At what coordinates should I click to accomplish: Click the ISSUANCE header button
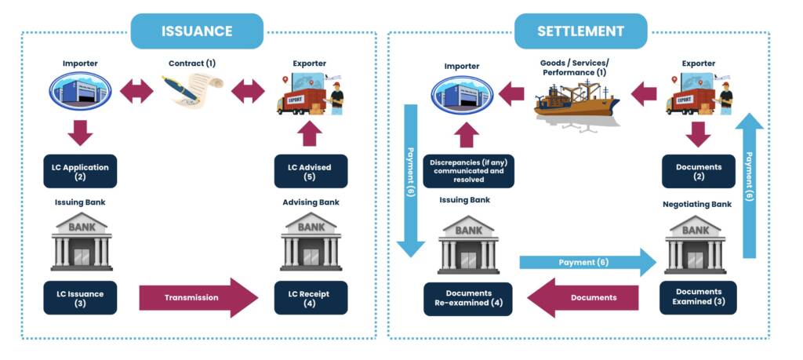[197, 31]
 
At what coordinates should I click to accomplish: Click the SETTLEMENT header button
[580, 31]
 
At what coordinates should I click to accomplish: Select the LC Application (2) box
[80, 171]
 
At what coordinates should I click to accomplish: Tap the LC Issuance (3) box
[80, 298]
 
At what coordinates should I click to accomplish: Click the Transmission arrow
[198, 298]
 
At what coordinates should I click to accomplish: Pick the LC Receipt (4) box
[311, 298]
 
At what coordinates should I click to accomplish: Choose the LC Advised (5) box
[311, 171]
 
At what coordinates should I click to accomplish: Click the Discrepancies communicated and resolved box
[468, 171]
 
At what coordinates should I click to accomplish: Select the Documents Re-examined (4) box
[468, 299]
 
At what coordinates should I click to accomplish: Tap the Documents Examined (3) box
[698, 299]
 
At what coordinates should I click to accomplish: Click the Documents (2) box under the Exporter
[698, 171]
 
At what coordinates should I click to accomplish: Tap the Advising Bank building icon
[311, 242]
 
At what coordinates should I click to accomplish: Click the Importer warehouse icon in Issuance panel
[80, 93]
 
